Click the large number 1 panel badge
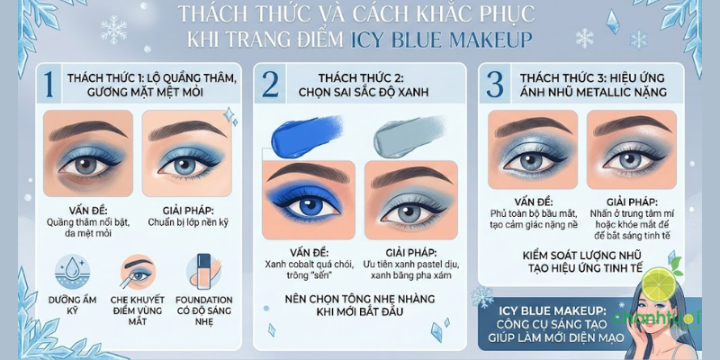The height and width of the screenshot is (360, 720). pyautogui.click(x=49, y=84)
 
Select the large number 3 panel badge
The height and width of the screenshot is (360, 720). pyautogui.click(x=494, y=84)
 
